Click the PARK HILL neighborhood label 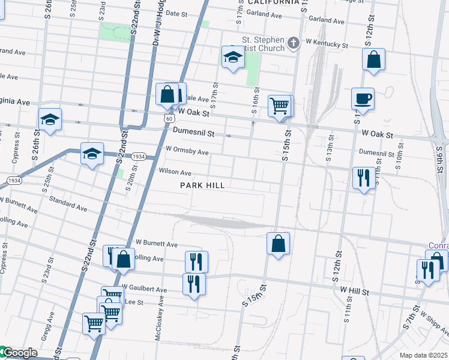[x=202, y=185]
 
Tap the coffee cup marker [x=363, y=99]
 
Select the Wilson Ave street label [x=175, y=172]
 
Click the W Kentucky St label [x=327, y=44]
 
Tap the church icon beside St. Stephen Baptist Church [x=294, y=43]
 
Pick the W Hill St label [x=353, y=290]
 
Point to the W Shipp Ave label [x=435, y=321]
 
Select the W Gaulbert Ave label [x=144, y=289]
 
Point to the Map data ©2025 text [x=423, y=355]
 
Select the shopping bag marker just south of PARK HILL [x=278, y=244]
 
